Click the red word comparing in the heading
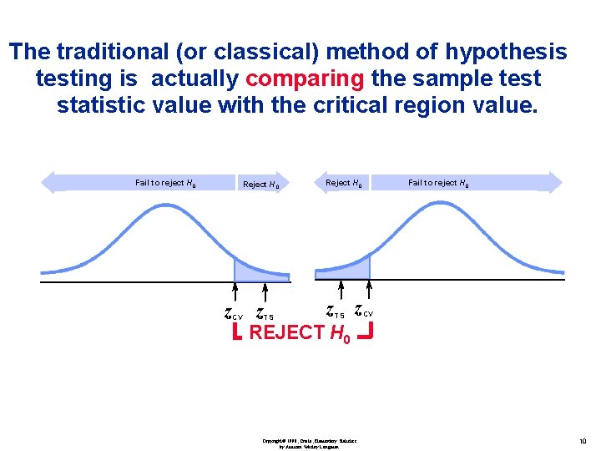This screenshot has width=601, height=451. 306,79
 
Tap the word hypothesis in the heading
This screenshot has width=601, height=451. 506,52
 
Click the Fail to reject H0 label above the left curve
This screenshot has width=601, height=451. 166,182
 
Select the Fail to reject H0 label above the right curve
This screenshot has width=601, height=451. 438,182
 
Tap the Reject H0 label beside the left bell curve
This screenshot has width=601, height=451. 260,184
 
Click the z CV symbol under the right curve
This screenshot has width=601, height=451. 363,312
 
